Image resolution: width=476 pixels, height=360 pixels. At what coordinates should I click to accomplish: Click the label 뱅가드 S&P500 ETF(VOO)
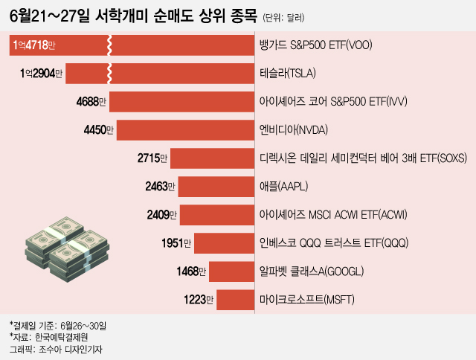coord(316,45)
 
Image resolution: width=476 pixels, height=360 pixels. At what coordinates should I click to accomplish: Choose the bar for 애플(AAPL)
coord(216,187)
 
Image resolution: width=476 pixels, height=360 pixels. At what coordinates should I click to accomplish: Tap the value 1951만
coord(177,243)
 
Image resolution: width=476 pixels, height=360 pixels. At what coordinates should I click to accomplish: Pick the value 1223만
coord(198,300)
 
